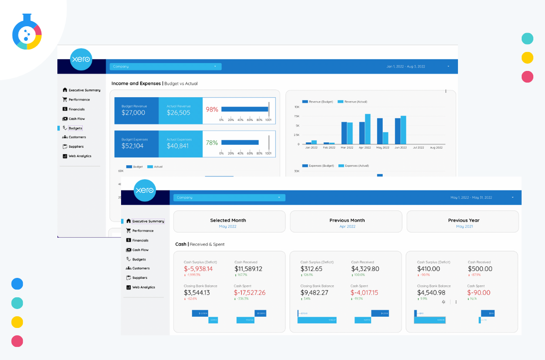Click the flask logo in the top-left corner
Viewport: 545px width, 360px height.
pos(27,33)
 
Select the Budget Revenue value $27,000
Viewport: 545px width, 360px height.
pos(133,113)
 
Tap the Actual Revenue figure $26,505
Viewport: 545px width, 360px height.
pos(178,113)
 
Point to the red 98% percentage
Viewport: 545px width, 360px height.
pos(212,110)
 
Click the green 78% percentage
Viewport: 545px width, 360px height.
pos(212,143)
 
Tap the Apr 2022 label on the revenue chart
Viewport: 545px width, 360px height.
pos(365,147)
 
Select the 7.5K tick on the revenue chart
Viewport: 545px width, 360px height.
pos(297,116)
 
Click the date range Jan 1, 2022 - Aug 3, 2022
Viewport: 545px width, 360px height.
pos(405,67)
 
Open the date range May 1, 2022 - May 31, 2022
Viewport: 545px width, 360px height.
pos(471,198)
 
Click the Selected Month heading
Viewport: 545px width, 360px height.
pos(228,220)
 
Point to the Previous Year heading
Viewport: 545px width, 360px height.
pos(463,220)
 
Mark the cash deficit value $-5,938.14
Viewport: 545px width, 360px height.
pos(198,269)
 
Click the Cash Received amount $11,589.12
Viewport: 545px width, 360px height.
pos(248,269)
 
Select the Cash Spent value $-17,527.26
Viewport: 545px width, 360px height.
pos(249,292)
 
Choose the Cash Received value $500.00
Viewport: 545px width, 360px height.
pos(480,269)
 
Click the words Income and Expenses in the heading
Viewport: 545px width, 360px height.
pos(136,84)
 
